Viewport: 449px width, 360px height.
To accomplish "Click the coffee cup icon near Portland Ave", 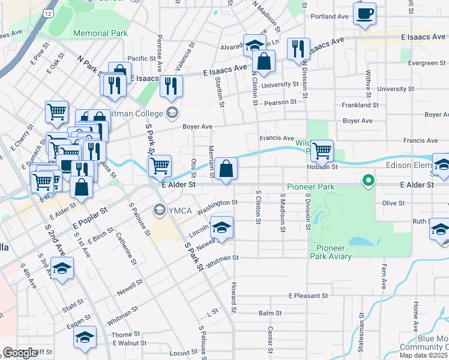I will point(364,14).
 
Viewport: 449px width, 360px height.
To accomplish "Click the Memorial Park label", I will point(100,34).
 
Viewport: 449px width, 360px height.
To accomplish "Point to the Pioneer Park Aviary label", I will point(338,252).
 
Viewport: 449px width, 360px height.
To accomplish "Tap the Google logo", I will point(20,353).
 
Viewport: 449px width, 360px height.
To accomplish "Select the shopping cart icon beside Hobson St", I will point(322,151).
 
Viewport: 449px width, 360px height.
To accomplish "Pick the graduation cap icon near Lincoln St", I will point(221,228).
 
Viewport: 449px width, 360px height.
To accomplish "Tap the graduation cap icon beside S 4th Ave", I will point(62,269).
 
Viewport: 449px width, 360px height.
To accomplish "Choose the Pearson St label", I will point(280,102).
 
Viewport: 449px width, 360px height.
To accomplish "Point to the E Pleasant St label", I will point(308,296).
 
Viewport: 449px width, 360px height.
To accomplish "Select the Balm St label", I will point(270,313).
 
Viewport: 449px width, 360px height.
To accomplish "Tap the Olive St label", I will point(393,203).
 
